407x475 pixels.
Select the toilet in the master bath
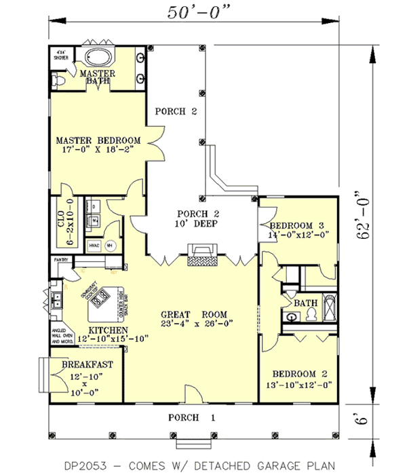[59, 81]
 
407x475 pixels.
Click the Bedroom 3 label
[298, 226]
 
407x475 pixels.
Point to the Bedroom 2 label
[300, 374]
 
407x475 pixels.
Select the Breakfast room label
[87, 365]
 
